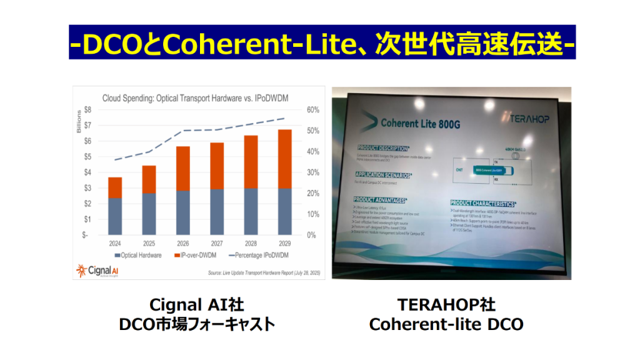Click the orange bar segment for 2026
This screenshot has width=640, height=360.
(182, 169)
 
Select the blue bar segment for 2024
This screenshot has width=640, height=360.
(115, 216)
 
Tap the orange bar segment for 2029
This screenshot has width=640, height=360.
(285, 159)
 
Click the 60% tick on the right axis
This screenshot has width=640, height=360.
(312, 110)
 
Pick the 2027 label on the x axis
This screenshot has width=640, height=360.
(217, 244)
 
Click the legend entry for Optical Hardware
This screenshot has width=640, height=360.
(139, 255)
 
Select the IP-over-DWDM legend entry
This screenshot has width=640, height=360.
(197, 255)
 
